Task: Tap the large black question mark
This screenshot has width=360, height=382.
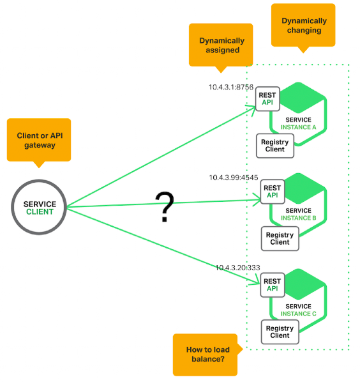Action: coord(165,207)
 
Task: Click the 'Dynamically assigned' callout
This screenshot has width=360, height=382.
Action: coord(221,45)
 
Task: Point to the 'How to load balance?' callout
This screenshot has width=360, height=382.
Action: coord(206,355)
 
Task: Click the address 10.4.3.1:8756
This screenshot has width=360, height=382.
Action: coord(231,87)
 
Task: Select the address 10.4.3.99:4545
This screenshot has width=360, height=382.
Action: coord(234,178)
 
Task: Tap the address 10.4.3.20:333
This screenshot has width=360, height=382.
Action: coord(238,268)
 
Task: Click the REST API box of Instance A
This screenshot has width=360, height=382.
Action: coord(267,99)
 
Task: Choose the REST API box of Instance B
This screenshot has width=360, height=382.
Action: coord(273,192)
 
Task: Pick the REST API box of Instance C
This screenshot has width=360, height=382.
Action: coord(273,285)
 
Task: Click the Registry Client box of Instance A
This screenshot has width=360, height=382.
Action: coord(275,146)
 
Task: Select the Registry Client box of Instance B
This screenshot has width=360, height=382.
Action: coord(280,238)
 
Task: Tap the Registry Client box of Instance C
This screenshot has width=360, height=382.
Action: coord(280,332)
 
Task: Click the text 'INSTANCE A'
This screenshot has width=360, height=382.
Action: coord(299,127)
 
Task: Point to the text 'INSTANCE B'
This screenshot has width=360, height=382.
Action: coord(299,218)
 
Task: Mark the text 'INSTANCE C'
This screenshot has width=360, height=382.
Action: coord(299,314)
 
